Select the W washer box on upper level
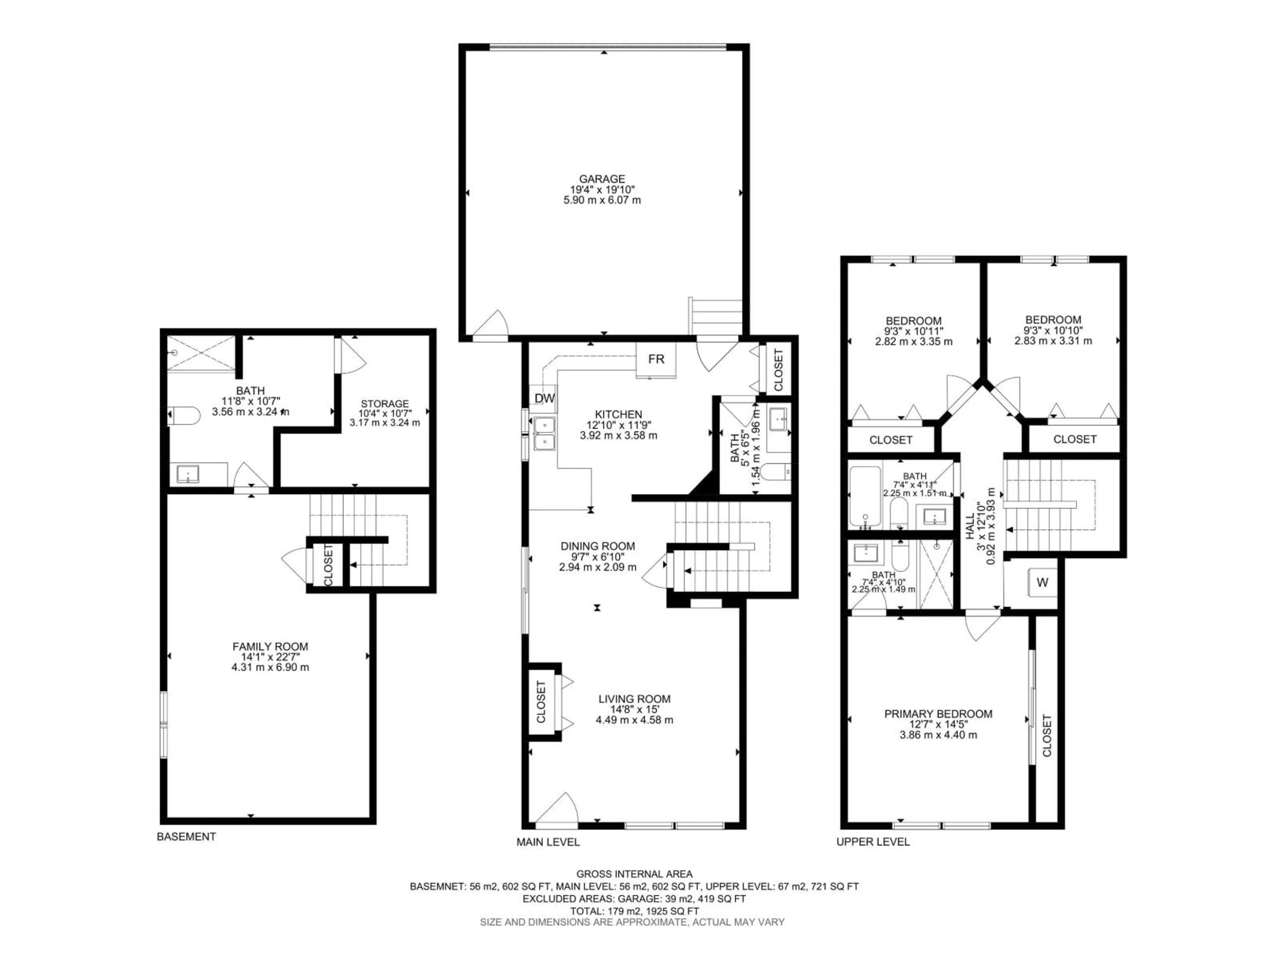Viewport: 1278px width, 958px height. click(1042, 583)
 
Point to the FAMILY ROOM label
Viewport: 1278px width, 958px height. click(270, 647)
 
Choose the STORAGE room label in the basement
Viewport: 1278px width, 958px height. click(385, 403)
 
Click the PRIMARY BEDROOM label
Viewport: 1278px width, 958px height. click(938, 714)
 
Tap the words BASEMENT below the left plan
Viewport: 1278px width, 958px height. click(186, 837)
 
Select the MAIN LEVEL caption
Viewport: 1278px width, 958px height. click(548, 842)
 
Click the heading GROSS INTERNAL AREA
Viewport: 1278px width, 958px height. click(634, 874)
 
